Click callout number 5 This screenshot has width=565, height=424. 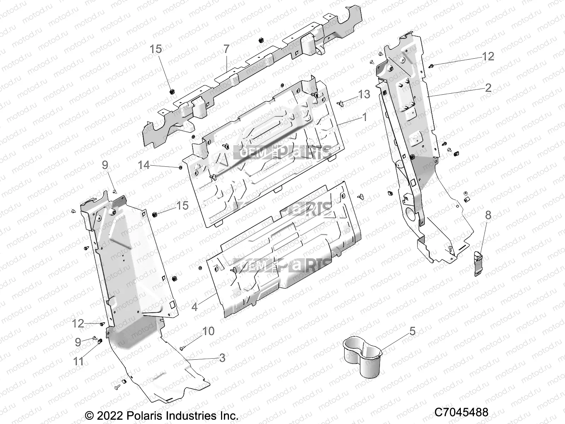click(x=412, y=331)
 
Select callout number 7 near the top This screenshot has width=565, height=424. click(x=226, y=49)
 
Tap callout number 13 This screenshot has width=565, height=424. click(x=364, y=94)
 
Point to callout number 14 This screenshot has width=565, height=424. click(x=144, y=165)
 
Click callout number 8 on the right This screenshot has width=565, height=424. click(x=488, y=215)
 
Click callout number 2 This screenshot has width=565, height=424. click(x=488, y=88)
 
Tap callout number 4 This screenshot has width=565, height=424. click(x=195, y=307)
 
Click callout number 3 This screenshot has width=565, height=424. click(x=222, y=358)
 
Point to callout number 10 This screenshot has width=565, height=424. click(x=208, y=331)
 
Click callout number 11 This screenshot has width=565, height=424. click(x=78, y=361)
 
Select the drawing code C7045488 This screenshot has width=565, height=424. click(x=461, y=412)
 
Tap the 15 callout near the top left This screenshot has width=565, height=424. click(x=156, y=49)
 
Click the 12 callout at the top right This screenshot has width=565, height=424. click(x=488, y=56)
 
